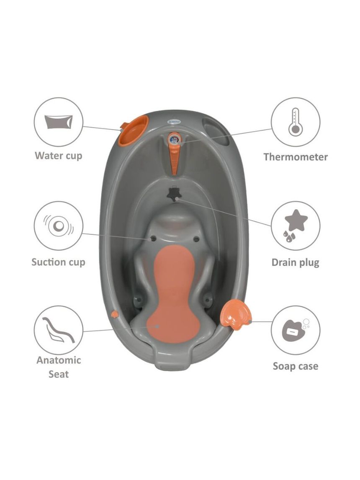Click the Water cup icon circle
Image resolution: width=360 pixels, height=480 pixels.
pyautogui.click(x=58, y=122)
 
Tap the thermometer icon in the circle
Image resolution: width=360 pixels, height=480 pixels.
pyautogui.click(x=295, y=122)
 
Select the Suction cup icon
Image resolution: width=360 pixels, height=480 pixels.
pyautogui.click(x=59, y=226)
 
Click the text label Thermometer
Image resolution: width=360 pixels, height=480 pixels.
pyautogui.click(x=296, y=157)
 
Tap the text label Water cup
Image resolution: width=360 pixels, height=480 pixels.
pyautogui.click(x=59, y=156)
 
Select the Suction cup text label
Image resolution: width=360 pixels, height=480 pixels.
pyautogui.click(x=58, y=262)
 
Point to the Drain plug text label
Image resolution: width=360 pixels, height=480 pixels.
pyautogui.click(x=296, y=263)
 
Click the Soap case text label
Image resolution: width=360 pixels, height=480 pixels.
pyautogui.click(x=296, y=367)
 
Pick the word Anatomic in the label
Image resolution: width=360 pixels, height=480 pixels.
pyautogui.click(x=59, y=360)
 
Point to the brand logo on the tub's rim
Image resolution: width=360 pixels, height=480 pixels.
pyautogui.click(x=174, y=121)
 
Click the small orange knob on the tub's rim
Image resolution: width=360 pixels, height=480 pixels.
pyautogui.click(x=115, y=314)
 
